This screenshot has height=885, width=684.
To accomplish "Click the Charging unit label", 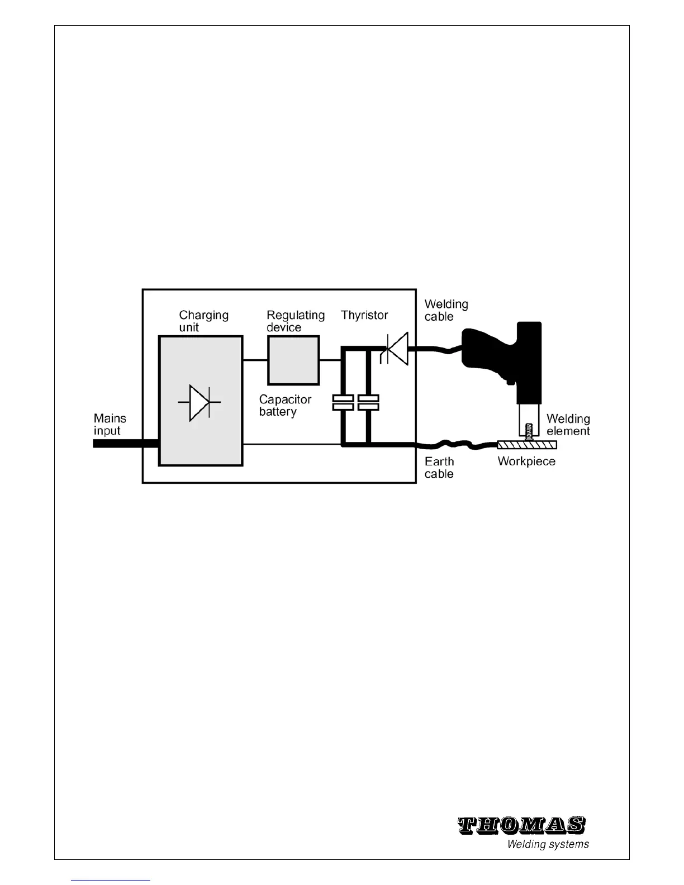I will tap(203, 321).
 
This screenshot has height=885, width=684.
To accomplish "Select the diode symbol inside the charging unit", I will tap(199, 402).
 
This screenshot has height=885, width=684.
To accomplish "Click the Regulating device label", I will tap(295, 321).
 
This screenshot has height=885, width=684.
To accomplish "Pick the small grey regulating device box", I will tap(293, 360).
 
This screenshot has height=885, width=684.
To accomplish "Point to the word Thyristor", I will tap(364, 315).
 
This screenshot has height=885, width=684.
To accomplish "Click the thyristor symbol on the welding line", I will tap(395, 349).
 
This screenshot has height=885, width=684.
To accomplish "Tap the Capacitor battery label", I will tap(285, 406).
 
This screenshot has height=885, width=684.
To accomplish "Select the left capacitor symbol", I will tap(343, 402).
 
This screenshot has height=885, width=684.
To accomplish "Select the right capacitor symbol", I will tap(368, 402).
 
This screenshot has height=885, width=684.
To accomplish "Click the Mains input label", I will tap(110, 424).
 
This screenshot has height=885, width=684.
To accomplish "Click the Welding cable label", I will tap(446, 310).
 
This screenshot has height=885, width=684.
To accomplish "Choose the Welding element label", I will tap(568, 425).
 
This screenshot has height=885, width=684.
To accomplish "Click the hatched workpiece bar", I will tap(527, 445).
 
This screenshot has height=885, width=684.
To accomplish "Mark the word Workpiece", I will tap(526, 461).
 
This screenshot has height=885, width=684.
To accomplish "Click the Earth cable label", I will tap(439, 468).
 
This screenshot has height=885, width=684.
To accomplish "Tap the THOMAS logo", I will tap(521, 825).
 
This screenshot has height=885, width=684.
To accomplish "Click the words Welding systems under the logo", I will tap(548, 844).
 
